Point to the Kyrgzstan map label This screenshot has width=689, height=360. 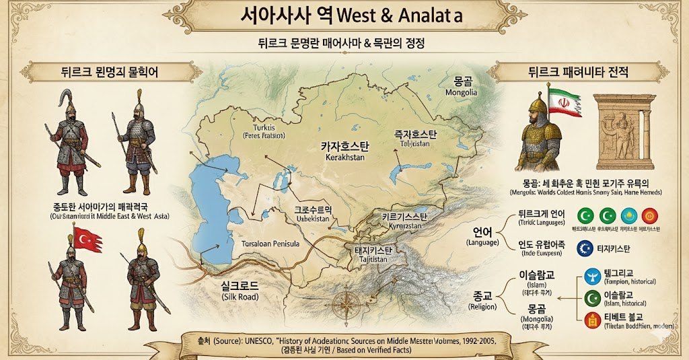click(391, 227)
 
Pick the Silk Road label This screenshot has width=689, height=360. click(240, 296)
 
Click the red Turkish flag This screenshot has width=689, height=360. click(87, 240)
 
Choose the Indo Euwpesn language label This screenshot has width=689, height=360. click(540, 254)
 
